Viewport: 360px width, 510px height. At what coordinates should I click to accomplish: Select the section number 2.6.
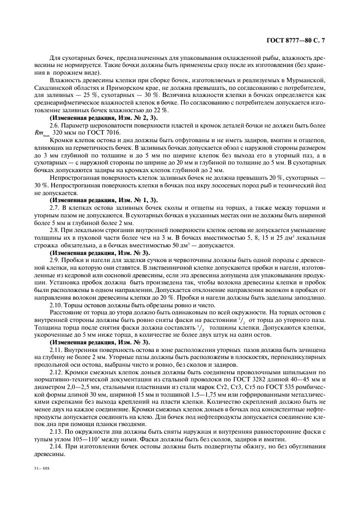click(x=55, y=125)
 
